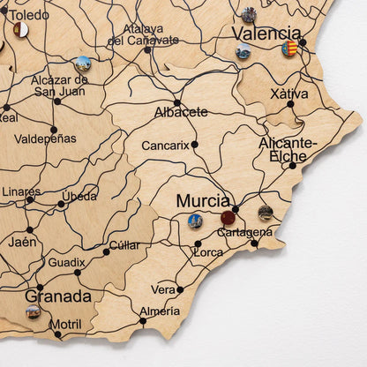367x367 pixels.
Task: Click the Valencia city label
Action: click(266, 33)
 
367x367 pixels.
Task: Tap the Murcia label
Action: click(203, 200)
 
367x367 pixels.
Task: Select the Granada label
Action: click(58, 296)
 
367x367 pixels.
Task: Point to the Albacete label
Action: click(181, 112)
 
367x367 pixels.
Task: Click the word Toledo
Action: click(29, 14)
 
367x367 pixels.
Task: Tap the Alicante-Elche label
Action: click(288, 149)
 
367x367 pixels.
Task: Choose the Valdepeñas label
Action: click(46, 139)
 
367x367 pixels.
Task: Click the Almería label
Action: click(159, 311)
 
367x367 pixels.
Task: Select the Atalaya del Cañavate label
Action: click(143, 34)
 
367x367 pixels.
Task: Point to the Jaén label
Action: click(23, 241)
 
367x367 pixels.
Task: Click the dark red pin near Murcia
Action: click(228, 217)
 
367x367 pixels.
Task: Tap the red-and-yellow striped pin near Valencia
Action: click(289, 48)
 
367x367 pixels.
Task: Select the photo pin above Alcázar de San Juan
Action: click(83, 63)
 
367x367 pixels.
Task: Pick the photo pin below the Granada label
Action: click(33, 311)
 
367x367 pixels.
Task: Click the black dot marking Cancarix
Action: click(195, 144)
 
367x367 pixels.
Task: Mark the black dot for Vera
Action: click(180, 288)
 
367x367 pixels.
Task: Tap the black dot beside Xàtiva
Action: click(290, 104)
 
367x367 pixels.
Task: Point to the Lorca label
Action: click(208, 252)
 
